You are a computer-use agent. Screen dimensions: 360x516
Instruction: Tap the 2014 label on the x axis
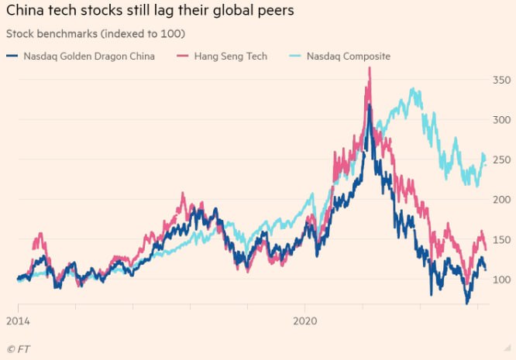[18, 318]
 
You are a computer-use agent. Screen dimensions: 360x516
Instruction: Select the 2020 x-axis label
[306, 318]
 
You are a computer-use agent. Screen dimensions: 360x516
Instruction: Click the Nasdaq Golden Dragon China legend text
[88, 57]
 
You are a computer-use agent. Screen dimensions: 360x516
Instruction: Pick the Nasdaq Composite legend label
[348, 57]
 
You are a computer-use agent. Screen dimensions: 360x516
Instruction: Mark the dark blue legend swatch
[12, 57]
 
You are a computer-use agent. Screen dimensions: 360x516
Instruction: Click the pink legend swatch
[183, 57]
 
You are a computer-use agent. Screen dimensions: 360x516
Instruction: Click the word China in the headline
[26, 12]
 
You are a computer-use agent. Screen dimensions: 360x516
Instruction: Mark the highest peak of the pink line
[370, 68]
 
